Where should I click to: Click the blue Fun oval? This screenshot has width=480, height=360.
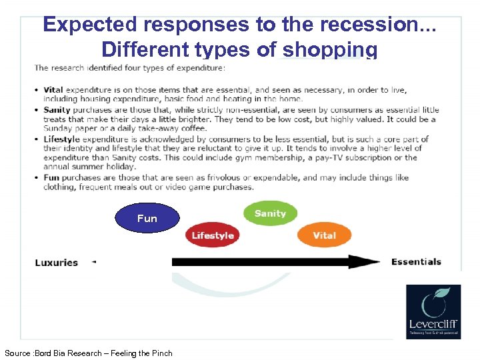click(x=147, y=218)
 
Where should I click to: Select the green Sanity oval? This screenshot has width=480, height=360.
click(x=270, y=213)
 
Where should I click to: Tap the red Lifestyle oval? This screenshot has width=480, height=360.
click(x=213, y=235)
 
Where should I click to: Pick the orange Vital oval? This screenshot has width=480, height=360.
click(x=324, y=235)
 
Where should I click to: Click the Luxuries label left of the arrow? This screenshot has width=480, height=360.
click(x=57, y=262)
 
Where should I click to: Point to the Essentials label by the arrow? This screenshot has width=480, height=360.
click(x=416, y=261)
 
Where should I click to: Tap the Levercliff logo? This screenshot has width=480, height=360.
click(x=433, y=311)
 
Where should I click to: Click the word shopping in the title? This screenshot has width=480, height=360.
click(x=330, y=50)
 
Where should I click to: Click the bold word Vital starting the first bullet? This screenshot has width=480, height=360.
click(x=54, y=89)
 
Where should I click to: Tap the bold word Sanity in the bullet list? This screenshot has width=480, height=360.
click(x=58, y=109)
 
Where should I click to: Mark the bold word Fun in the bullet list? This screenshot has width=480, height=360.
click(x=52, y=178)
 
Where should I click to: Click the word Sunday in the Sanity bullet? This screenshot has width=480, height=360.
click(x=58, y=129)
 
